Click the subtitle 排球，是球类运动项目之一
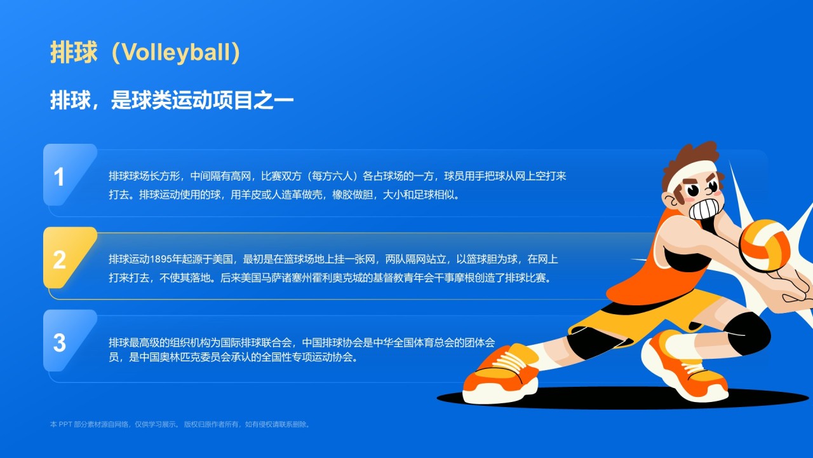point(171,101)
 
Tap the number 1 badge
point(60,177)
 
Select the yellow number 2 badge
point(60,260)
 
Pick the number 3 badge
point(60,343)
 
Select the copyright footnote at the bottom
point(181,424)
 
